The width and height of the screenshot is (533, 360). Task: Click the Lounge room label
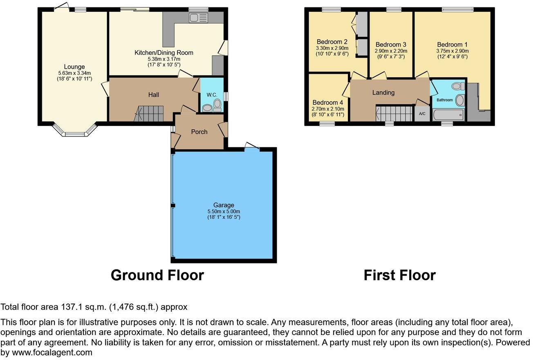point(74,67)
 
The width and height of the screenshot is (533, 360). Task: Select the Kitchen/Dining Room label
point(164,52)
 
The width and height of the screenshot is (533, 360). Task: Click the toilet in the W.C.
point(217,104)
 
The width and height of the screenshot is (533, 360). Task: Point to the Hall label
point(153,94)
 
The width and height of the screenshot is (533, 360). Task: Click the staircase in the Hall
point(150,113)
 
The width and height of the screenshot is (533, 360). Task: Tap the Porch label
point(199,131)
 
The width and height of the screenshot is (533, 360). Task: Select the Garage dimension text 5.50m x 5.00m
point(223,211)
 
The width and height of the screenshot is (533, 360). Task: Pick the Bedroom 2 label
point(332,42)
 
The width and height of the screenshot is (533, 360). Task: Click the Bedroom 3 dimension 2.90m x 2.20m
point(390,51)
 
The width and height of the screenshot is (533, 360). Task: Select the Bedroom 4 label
point(327,102)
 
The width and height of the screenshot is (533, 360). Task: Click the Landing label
point(383,92)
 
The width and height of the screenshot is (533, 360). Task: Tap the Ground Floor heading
point(157,275)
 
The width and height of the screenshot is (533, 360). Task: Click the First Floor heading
point(399,275)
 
